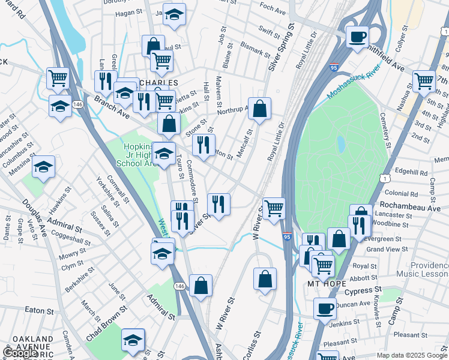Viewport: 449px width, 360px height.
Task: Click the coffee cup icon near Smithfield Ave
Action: pos(357,37)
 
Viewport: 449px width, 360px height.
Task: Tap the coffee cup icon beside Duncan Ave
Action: pos(325,308)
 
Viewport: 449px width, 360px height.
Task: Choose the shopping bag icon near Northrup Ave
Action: pos(259,109)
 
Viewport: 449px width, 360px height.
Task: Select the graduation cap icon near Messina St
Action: pos(43,167)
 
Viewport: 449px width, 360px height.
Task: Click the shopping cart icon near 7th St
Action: pos(424,80)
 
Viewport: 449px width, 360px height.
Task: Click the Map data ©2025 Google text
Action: pos(412,355)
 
